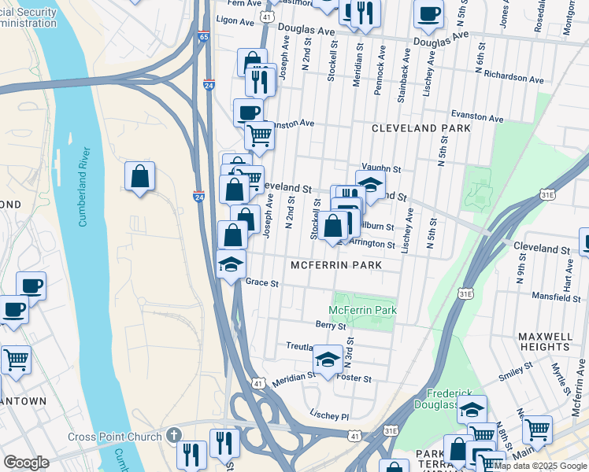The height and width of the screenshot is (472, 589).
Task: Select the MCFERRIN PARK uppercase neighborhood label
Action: (x=336, y=265)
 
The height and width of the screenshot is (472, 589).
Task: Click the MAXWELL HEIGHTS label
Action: (x=545, y=341)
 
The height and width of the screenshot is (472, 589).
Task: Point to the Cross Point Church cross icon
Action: (x=174, y=436)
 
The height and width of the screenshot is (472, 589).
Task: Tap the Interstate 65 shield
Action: (x=204, y=36)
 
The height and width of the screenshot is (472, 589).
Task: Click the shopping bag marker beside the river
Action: (x=139, y=177)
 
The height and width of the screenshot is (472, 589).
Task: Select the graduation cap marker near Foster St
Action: (x=328, y=359)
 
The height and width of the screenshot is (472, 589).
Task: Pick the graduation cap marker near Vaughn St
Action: (x=370, y=185)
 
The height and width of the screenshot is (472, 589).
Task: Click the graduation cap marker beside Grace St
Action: (x=232, y=264)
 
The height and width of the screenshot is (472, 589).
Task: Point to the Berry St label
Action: (x=325, y=324)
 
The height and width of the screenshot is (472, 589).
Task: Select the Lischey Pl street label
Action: (x=329, y=415)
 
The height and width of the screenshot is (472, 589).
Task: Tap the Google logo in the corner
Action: (x=26, y=463)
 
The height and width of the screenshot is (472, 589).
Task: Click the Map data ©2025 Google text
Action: (x=540, y=466)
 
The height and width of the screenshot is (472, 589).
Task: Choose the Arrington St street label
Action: (x=372, y=244)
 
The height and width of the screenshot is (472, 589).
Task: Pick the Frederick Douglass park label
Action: (x=453, y=399)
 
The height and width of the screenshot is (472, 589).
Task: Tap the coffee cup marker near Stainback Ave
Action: (x=428, y=13)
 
